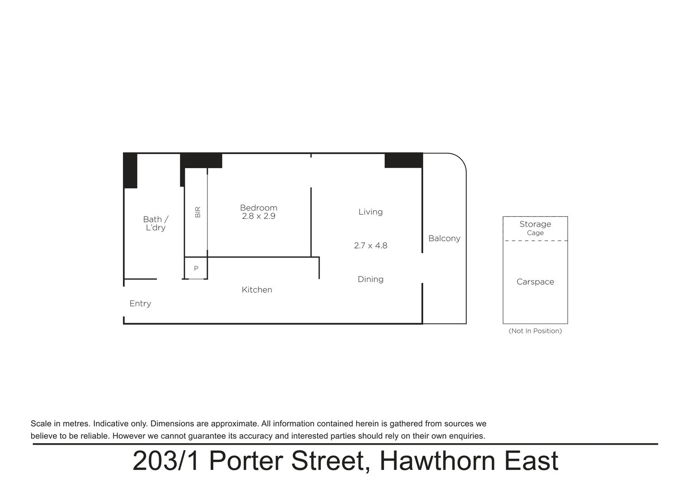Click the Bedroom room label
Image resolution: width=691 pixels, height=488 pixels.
(259, 208)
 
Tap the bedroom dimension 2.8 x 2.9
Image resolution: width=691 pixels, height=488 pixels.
(259, 216)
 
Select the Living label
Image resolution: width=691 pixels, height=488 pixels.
(371, 212)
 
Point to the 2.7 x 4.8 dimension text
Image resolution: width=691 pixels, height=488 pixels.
(371, 246)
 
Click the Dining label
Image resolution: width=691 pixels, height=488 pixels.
(371, 279)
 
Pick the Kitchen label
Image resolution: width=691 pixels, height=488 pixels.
(257, 290)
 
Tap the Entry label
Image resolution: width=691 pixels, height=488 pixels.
(140, 304)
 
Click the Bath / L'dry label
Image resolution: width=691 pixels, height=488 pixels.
(155, 223)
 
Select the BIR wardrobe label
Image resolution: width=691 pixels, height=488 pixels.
(197, 212)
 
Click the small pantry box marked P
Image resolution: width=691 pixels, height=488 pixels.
(196, 268)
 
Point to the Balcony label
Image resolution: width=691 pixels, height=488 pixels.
(444, 239)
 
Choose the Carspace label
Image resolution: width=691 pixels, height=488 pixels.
(535, 282)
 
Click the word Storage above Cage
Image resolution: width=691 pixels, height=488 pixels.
(535, 224)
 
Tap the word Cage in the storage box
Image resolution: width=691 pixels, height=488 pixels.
(535, 233)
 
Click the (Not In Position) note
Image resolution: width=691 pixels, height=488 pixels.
(535, 331)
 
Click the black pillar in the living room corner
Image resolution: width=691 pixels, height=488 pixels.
(403, 160)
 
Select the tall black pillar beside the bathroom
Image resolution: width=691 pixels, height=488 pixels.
(130, 171)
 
